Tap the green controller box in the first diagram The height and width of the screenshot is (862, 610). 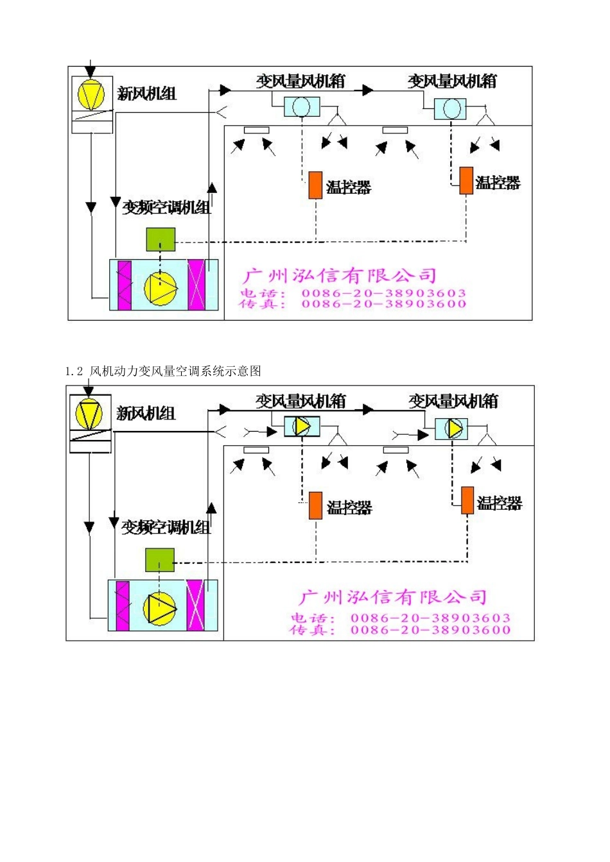[161, 240]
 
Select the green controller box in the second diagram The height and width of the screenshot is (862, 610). [159, 560]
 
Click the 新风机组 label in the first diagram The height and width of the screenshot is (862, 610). [146, 94]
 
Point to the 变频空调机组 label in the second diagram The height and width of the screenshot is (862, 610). [166, 527]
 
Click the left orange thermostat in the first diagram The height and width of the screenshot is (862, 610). [315, 185]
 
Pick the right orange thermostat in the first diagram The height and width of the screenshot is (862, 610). [466, 181]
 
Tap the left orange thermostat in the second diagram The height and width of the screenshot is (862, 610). [315, 505]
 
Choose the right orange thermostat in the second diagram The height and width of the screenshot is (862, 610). [467, 500]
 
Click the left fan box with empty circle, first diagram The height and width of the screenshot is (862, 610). [302, 106]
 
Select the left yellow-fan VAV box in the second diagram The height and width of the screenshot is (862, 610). [302, 426]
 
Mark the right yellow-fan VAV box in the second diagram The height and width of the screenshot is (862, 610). [451, 428]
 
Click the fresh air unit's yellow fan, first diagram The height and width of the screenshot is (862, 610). [91, 95]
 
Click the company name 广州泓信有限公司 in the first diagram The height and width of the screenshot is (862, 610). [340, 276]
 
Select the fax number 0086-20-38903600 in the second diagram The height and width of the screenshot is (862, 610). [430, 630]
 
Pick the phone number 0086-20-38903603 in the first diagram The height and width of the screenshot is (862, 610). [384, 293]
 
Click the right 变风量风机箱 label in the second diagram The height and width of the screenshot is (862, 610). [453, 401]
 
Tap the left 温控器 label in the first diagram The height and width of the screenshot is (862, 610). [349, 188]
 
